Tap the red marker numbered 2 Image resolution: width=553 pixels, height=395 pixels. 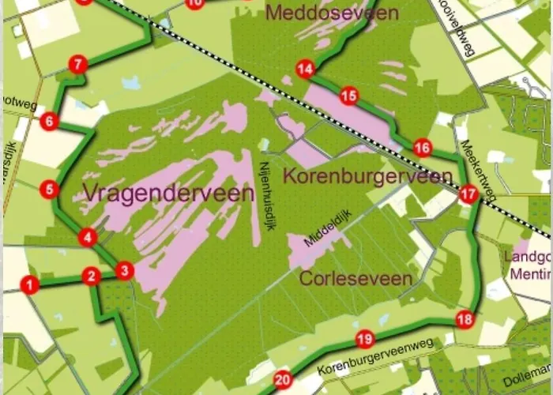pos(92,276)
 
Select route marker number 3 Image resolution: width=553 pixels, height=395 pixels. pos(124,271)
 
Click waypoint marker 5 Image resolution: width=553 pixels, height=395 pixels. pos(49,189)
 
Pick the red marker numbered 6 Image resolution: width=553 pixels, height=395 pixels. pos(49,121)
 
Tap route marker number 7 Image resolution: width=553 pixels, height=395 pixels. pos(77,65)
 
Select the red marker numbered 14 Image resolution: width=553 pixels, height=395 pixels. pos(305,70)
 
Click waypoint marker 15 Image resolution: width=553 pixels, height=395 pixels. pos(348,96)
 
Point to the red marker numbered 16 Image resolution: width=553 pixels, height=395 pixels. pos(423,148)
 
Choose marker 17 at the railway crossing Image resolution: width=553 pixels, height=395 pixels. pos(468,194)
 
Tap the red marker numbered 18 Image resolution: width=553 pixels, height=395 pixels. pos(465,319)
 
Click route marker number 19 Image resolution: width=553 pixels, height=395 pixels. pos(364,340)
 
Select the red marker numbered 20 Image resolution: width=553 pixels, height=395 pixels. pos(282,381)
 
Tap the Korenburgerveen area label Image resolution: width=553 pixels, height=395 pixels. pos(367,176)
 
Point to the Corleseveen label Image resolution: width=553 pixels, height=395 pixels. pos(355,278)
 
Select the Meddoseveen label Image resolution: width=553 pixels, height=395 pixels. pos(333,13)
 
